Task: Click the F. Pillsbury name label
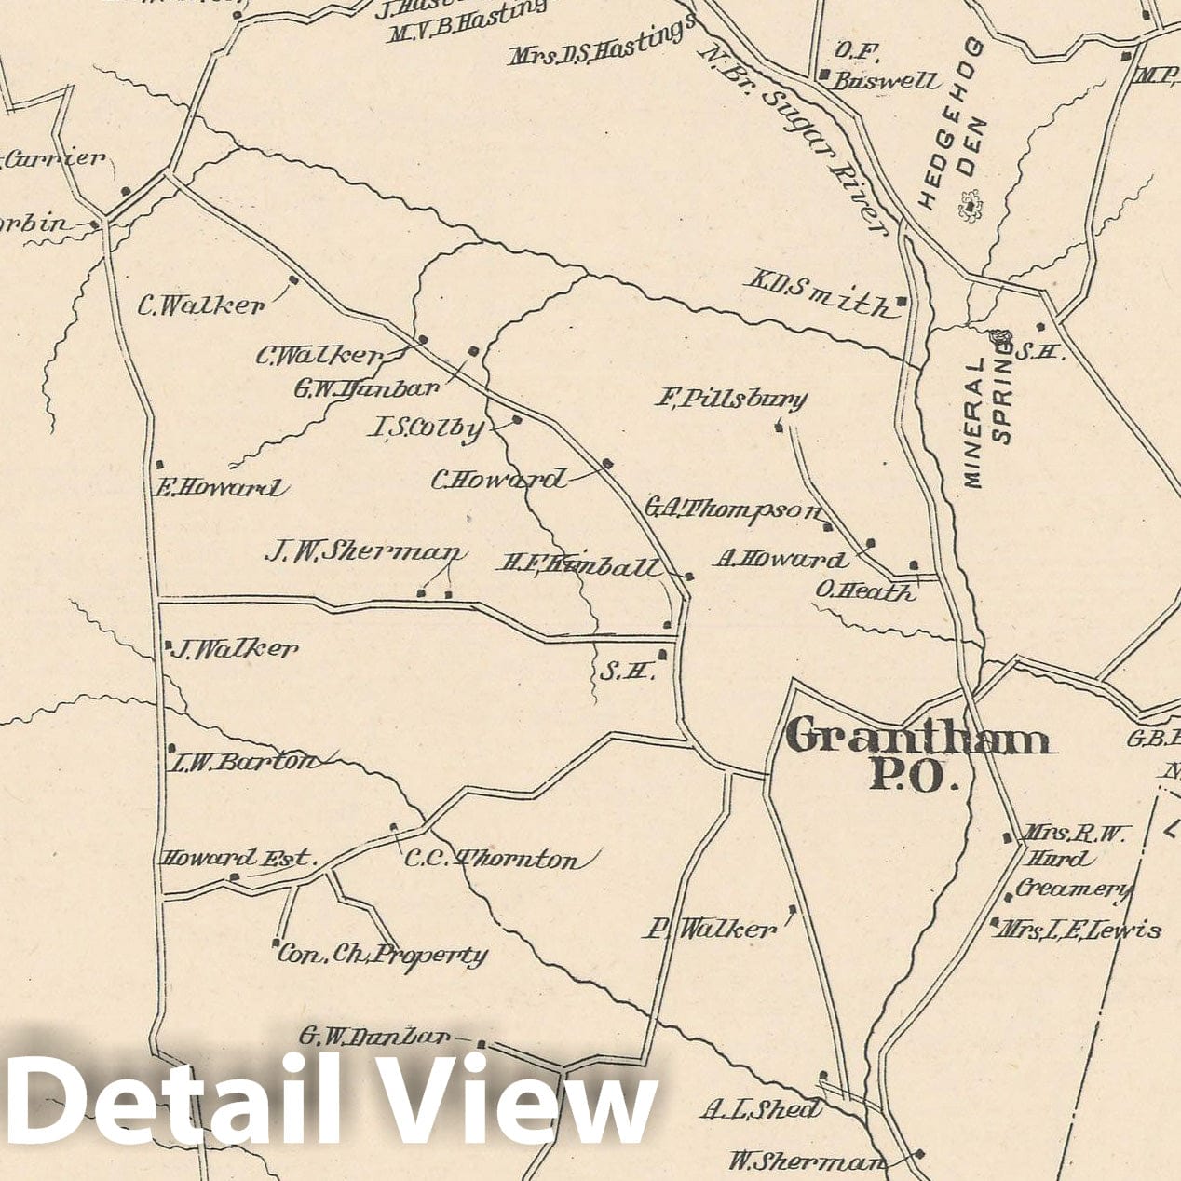coord(731,400)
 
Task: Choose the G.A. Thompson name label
coord(734,509)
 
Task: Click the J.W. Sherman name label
coord(364,553)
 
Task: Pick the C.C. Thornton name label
coord(491,859)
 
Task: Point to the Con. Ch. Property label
coord(383,954)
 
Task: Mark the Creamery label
coord(1073,889)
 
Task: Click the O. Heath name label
coord(865,590)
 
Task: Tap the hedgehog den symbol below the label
coord(971,206)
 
